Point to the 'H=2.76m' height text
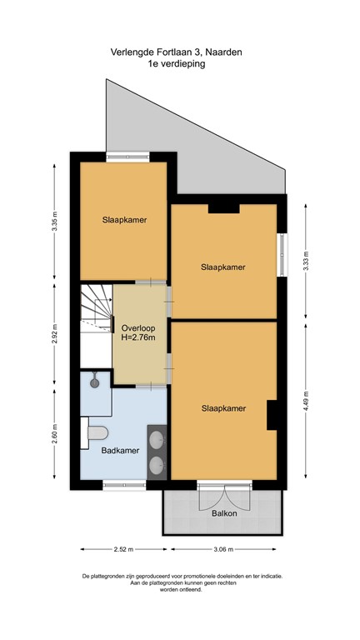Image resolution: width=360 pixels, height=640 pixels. click(137, 338)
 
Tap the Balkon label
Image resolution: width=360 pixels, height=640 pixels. click(224, 513)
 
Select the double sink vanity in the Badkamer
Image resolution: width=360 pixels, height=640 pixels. click(157, 452)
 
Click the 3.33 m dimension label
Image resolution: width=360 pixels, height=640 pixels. click(307, 261)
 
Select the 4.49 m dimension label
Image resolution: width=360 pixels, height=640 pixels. click(307, 404)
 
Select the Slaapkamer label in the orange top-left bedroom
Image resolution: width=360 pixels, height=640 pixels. click(124, 220)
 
